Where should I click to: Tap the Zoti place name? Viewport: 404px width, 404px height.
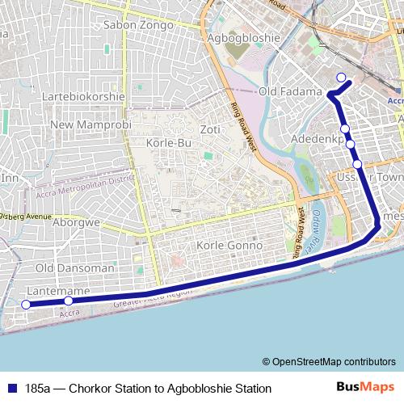[210, 129]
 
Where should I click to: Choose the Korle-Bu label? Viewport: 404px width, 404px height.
[168, 143]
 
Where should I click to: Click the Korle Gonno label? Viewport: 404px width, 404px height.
[229, 245]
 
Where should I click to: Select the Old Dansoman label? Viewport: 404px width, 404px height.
[75, 267]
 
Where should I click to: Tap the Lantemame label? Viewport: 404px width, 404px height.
[57, 290]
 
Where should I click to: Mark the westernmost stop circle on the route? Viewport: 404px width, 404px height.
[26, 305]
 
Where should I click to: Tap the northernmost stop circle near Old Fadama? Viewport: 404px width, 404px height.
[341, 78]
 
